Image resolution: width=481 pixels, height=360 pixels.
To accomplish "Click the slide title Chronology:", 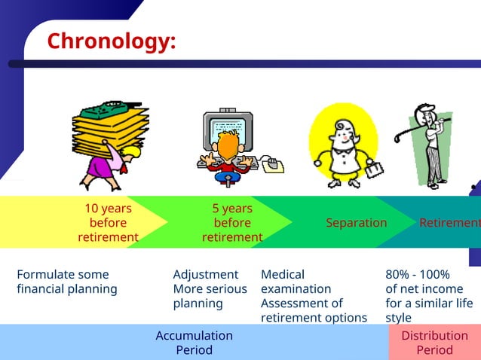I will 112,41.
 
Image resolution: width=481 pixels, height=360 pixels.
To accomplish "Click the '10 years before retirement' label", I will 108,223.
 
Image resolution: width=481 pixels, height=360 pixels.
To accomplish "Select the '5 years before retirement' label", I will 232,223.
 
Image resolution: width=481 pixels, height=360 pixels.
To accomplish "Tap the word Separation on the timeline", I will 356,223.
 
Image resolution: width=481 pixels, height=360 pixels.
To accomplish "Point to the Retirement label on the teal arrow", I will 449,223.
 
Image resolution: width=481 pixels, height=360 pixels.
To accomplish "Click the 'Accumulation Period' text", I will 194,343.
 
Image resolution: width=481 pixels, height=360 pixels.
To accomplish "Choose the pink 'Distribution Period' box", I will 434,343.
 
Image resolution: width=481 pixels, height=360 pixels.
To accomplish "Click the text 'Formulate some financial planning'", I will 67,282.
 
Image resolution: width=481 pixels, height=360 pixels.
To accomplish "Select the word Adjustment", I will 205,275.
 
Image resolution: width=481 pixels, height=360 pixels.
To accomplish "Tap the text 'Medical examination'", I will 296,282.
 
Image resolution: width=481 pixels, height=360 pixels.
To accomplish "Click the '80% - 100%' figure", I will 418,275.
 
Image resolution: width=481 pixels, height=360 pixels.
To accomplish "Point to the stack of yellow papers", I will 109,132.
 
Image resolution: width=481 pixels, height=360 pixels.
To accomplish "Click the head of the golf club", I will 397,139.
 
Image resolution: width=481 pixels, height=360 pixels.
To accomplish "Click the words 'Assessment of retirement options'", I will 314,310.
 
